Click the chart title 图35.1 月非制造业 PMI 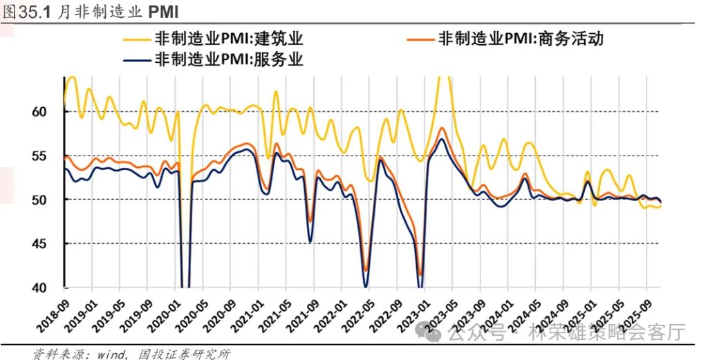[x=90, y=11]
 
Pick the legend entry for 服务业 [x=229, y=59]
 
